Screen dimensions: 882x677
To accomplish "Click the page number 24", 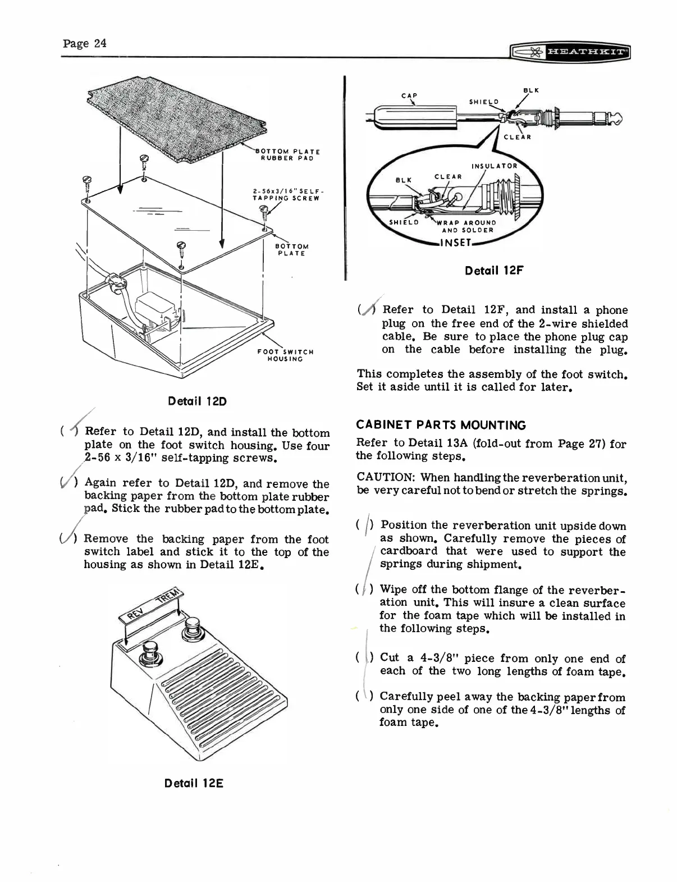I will [x=85, y=43].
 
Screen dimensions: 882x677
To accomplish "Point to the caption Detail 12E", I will [x=194, y=783].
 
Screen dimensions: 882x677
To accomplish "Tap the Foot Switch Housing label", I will [x=285, y=355].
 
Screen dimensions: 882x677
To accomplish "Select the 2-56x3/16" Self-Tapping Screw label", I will [x=286, y=194].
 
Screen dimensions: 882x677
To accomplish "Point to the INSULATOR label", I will [x=494, y=166].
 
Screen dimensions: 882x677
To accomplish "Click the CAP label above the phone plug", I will [x=409, y=95].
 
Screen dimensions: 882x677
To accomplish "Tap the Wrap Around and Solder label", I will [x=468, y=226].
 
